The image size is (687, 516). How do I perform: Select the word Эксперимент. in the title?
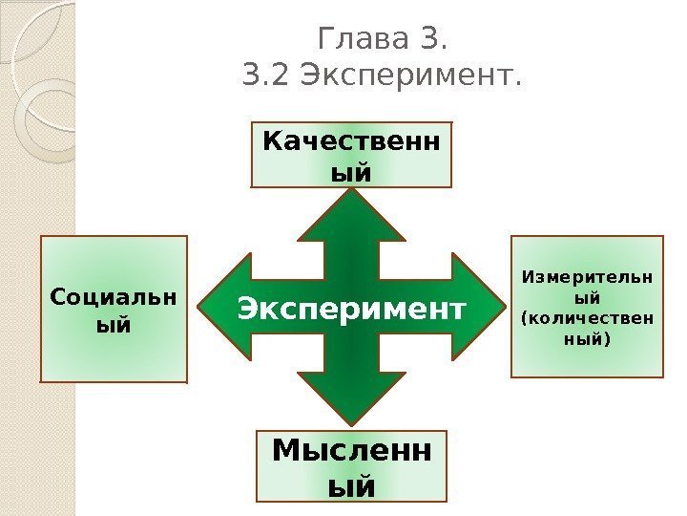point(411,74)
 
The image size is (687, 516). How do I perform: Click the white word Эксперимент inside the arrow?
point(351,309)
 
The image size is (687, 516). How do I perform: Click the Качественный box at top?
point(351,154)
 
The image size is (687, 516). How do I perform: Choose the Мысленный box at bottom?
point(352,466)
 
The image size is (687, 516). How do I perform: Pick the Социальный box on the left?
point(114,309)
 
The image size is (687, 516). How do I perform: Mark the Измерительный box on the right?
point(588,306)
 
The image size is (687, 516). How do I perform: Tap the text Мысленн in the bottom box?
point(352,450)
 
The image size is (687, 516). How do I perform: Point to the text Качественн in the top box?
point(351,141)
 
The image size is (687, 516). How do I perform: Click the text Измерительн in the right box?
point(588,278)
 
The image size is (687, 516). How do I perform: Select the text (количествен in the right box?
point(588,318)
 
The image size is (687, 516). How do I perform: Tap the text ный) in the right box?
point(588,338)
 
